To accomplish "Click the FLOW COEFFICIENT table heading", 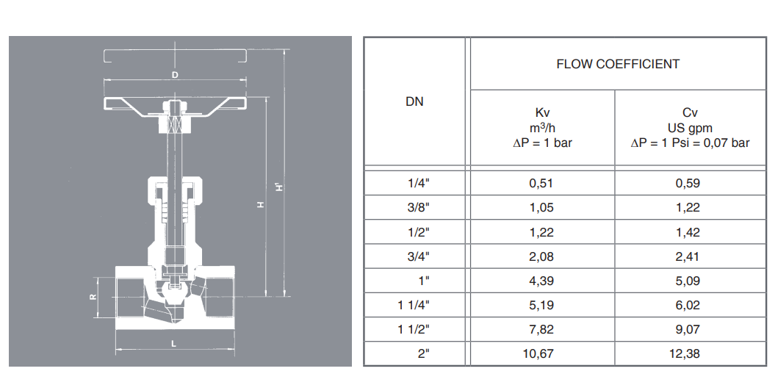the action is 618,64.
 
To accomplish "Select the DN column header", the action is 414,101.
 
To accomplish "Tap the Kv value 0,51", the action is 541,183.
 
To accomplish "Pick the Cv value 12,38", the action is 688,353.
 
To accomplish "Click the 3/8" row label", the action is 418,207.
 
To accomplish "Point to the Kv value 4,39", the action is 541,281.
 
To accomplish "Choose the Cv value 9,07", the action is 688,329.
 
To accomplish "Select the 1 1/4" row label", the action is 414,305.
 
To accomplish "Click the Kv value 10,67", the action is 541,353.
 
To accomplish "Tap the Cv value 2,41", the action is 688,256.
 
